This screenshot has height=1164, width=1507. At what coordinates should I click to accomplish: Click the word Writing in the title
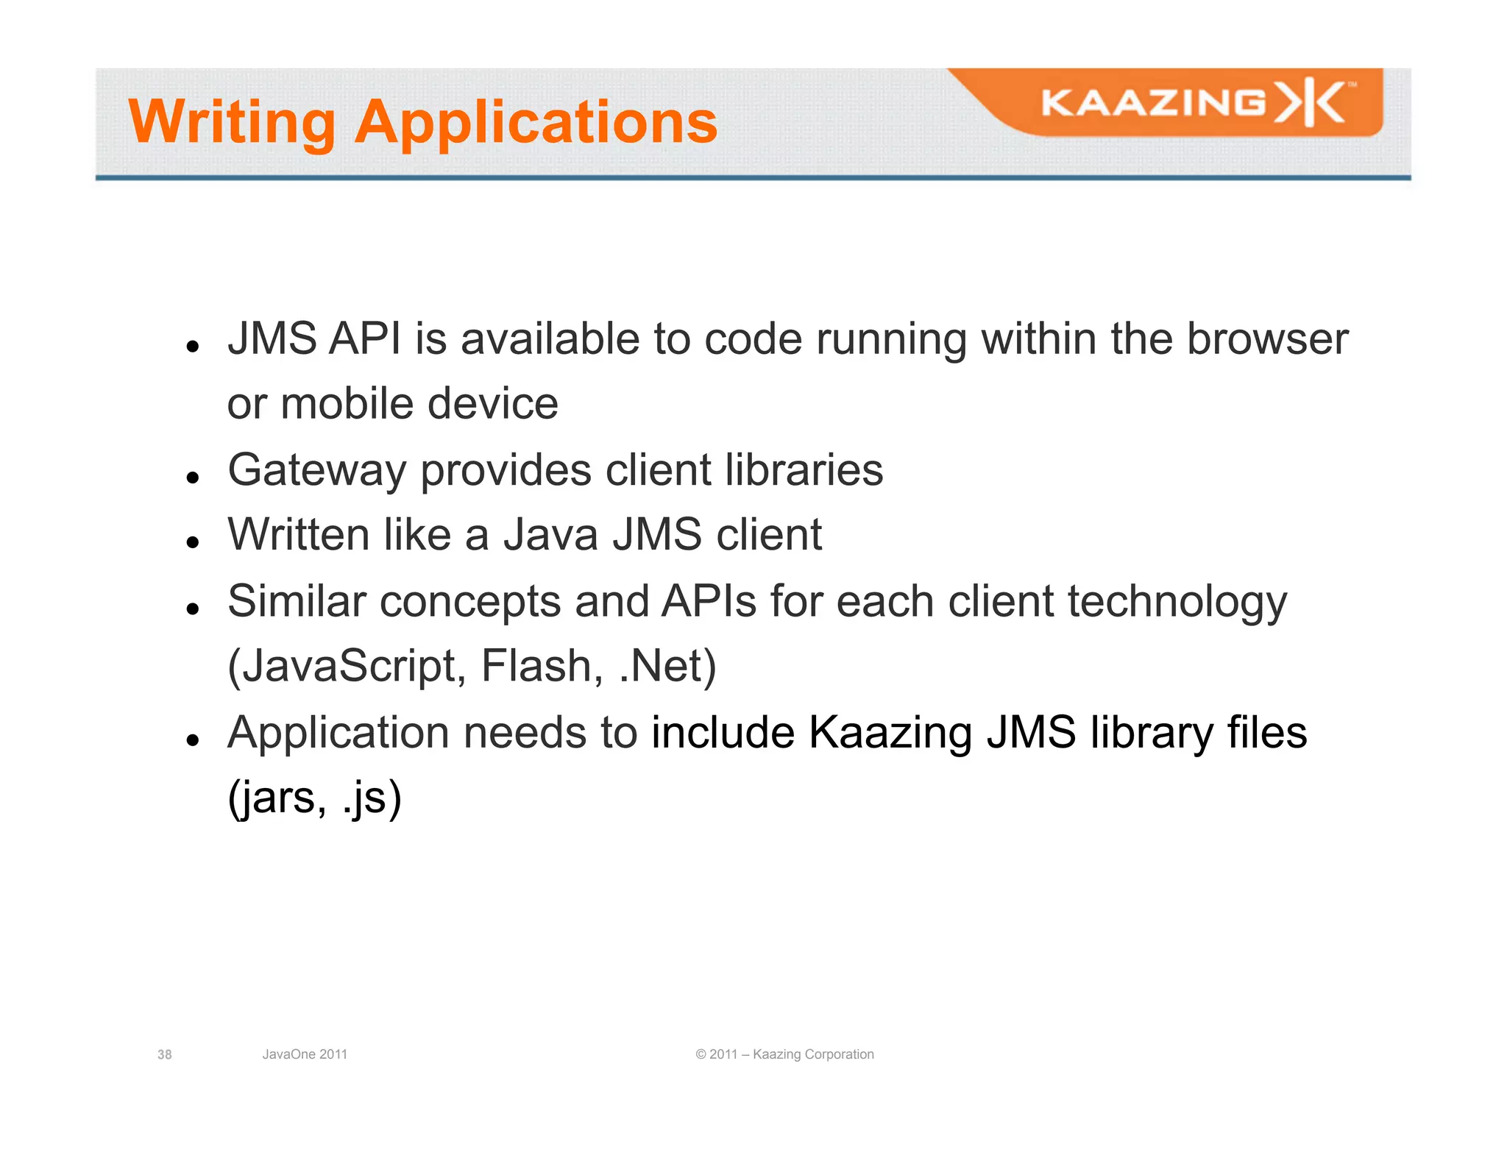[x=232, y=122]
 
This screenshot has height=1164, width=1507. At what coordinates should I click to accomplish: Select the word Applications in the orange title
[x=536, y=122]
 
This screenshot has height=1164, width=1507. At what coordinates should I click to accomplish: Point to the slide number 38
[x=165, y=1054]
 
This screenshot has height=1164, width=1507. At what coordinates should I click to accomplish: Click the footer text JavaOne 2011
[x=305, y=1054]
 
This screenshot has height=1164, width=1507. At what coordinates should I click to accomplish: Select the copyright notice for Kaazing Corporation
[x=784, y=1054]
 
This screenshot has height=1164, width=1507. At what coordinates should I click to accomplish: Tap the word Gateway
[x=316, y=470]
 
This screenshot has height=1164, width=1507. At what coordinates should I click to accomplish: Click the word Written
[x=299, y=534]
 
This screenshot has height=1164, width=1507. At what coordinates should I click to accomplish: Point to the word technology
[x=1177, y=602]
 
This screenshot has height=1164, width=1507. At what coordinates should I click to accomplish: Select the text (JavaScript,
[x=347, y=667]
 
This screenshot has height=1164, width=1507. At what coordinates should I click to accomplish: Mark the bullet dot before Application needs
[x=194, y=739]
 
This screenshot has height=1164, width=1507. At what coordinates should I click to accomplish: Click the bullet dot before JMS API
[x=194, y=346]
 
